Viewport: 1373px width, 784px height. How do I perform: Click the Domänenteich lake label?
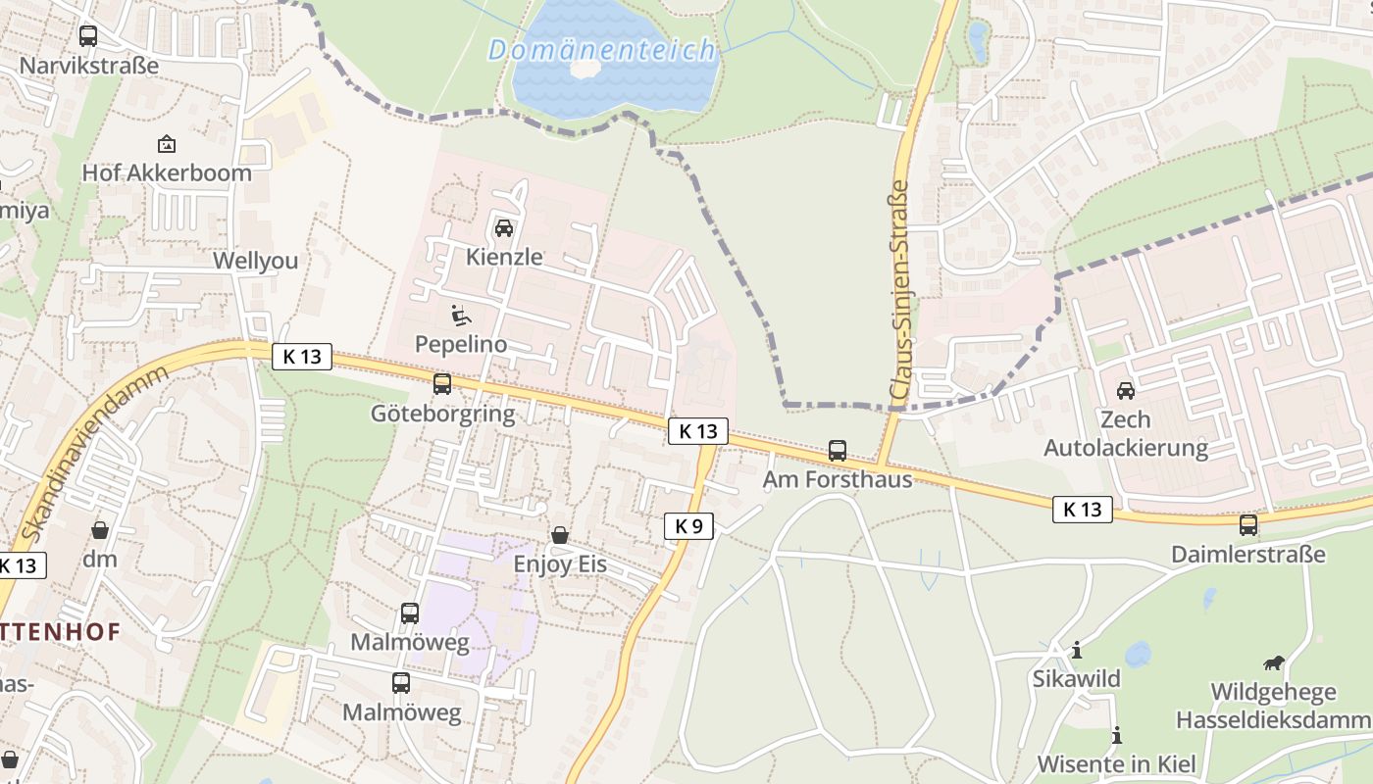(x=602, y=49)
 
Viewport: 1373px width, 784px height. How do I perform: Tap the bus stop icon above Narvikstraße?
(x=88, y=36)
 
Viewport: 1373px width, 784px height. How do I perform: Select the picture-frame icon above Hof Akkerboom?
(x=167, y=144)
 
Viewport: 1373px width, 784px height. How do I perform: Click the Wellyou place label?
(x=256, y=261)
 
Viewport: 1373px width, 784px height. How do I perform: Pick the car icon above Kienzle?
(x=504, y=228)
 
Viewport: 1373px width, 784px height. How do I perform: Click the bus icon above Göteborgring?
(x=442, y=384)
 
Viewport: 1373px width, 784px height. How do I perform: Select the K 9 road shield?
(x=688, y=526)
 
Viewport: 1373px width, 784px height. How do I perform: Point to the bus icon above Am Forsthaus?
(x=838, y=451)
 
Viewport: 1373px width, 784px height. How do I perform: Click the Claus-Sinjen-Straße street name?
(x=899, y=290)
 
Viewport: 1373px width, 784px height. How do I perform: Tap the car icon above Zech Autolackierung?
(x=1126, y=390)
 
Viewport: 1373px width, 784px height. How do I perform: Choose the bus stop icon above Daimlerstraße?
(x=1248, y=525)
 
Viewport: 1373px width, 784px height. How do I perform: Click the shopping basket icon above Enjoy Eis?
(x=560, y=535)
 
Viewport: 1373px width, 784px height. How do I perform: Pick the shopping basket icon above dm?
(x=100, y=530)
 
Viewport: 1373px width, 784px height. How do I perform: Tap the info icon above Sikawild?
(x=1077, y=650)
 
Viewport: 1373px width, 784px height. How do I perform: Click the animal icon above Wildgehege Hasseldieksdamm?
(x=1273, y=663)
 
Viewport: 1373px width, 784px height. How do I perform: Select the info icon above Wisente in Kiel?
(x=1116, y=735)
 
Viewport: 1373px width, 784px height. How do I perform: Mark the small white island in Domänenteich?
(x=585, y=69)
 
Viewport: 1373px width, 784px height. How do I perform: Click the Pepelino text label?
(x=461, y=344)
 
